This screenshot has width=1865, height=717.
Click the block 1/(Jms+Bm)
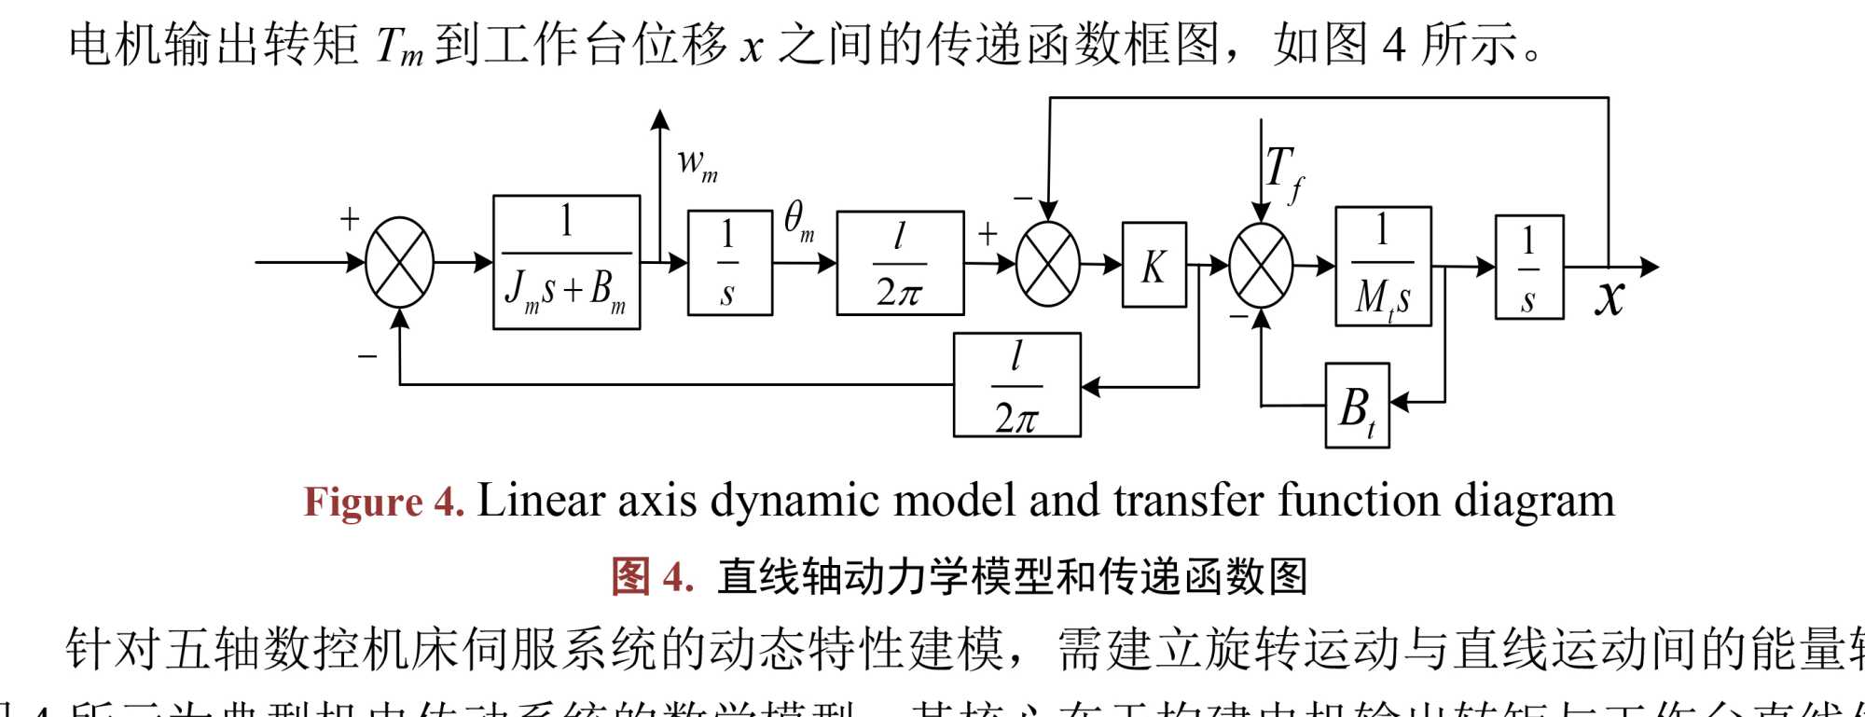(566, 262)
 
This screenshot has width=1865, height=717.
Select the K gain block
(1154, 265)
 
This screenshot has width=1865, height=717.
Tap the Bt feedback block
(1357, 406)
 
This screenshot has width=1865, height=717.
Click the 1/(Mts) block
(1383, 266)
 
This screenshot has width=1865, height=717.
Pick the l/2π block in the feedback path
(1016, 385)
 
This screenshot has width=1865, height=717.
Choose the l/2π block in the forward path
(900, 263)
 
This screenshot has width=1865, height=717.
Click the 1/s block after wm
(729, 263)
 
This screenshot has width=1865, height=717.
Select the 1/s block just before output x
(1528, 267)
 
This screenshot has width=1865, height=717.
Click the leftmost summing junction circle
(399, 262)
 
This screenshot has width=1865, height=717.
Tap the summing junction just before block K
(1048, 265)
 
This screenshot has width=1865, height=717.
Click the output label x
(1609, 298)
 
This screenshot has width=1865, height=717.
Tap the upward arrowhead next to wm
(660, 119)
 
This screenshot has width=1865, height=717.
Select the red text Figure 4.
(383, 502)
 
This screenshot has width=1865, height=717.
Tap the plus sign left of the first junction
(350, 218)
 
